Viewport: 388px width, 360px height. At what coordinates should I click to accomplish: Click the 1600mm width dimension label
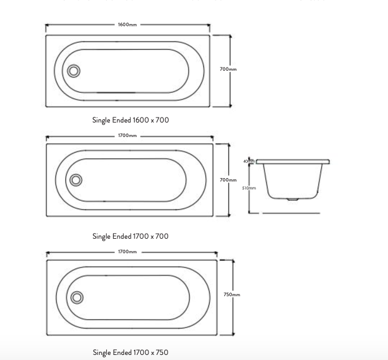tap(127, 25)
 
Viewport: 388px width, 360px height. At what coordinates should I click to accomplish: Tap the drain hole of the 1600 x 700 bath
tap(73, 71)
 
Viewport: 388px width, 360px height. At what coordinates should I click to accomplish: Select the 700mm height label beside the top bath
tap(228, 69)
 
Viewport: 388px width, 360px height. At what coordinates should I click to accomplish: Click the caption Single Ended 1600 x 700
tap(131, 119)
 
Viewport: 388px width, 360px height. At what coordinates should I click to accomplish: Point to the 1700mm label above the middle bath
tap(127, 136)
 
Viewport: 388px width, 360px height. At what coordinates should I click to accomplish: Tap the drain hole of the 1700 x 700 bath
tap(76, 181)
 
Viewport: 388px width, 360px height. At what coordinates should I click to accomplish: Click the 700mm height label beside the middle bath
tap(228, 180)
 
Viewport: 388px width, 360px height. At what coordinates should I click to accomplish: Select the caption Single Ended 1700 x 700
tap(131, 236)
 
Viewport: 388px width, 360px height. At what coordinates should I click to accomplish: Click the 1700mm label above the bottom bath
tap(127, 252)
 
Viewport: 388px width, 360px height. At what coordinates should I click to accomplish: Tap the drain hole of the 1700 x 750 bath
tap(77, 297)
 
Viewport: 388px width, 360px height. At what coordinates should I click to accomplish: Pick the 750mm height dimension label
tap(232, 294)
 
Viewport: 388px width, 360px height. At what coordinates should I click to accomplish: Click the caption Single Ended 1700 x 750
tap(131, 352)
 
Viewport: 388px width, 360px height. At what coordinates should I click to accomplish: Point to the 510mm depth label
tap(248, 188)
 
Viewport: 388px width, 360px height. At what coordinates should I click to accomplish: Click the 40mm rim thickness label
tap(248, 161)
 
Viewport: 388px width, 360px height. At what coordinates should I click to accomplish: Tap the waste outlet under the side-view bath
tap(291, 200)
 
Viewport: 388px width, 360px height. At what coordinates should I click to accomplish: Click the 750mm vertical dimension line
tap(233, 316)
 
